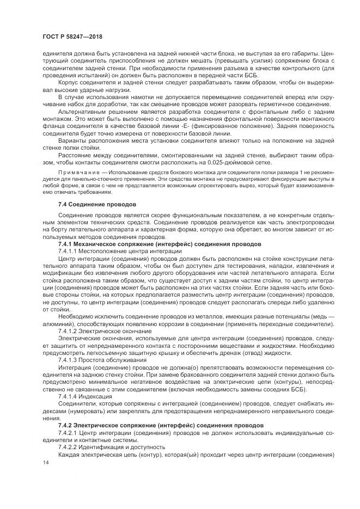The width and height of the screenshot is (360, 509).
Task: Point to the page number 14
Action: [46, 462]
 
